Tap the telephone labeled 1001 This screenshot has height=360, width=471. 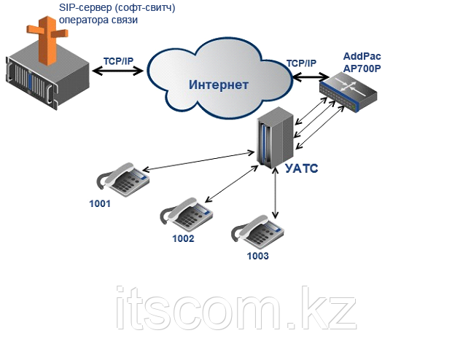coord(123,179)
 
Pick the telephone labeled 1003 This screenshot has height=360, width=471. coord(256,232)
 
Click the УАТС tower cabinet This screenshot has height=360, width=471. coord(275,138)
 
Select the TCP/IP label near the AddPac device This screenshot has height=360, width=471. coord(301,63)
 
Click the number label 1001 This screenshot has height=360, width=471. coord(100,204)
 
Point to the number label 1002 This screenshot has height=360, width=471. coord(183,238)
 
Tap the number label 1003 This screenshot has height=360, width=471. coord(257,256)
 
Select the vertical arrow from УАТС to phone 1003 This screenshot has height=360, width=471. coord(276,195)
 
